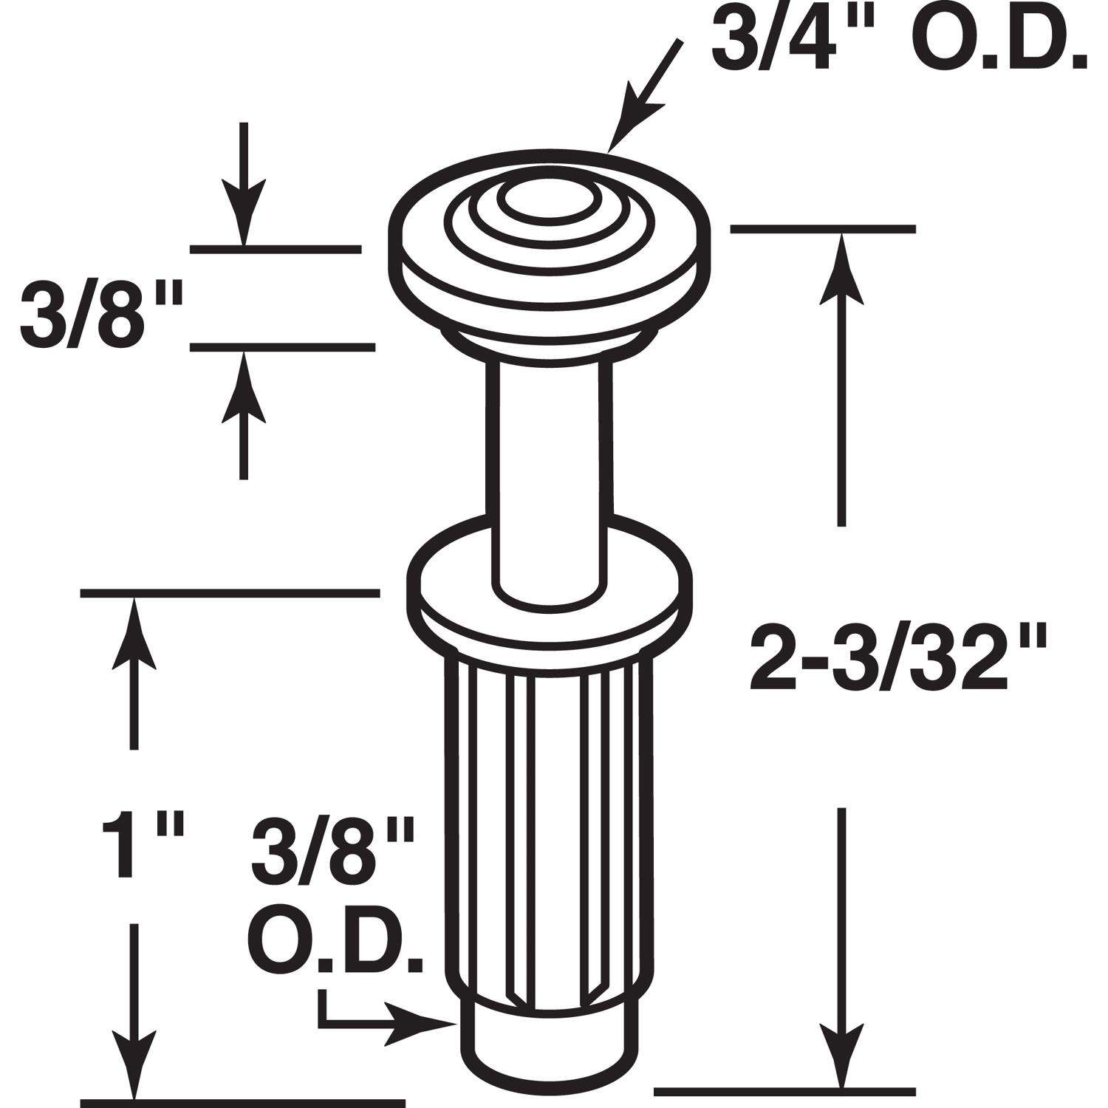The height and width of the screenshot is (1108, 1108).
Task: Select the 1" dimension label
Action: [140, 847]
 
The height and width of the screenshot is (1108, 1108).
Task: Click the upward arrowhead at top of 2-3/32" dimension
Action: [840, 266]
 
